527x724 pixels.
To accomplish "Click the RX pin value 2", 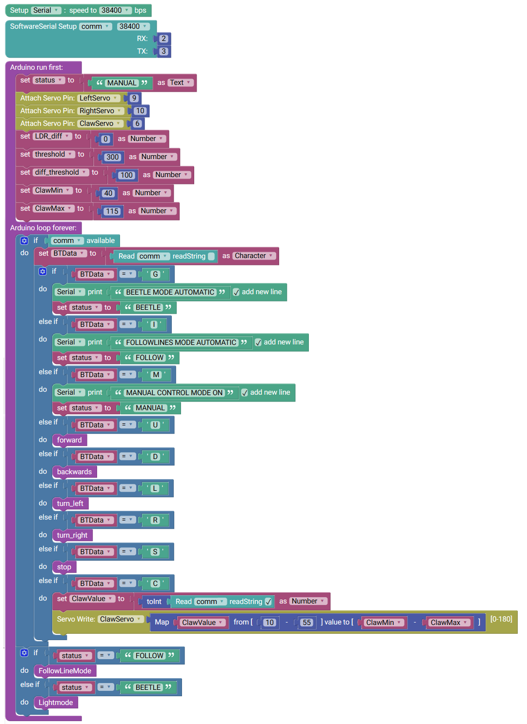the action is pos(163,39).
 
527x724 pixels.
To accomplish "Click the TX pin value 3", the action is pos(163,51).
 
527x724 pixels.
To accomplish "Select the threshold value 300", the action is pos(113,157).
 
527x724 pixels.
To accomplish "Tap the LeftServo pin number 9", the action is pos(134,98).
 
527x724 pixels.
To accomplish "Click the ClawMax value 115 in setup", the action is pos(112,211).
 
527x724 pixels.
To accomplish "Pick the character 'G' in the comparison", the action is pos(155,274).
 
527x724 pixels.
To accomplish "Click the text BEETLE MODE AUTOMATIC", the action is pos(170,292).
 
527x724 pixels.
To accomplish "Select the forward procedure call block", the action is pos(69,440).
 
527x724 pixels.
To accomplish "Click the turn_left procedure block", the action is pos(70,503).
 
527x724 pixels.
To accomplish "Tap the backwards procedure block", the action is pos(74,472).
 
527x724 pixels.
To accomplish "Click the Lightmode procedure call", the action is pos(56,703).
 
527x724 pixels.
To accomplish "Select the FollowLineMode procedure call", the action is pos(65,671).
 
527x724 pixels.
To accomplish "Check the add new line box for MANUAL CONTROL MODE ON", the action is pos(244,392).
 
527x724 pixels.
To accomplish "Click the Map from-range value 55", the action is pos(306,622).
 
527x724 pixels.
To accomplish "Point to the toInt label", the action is pos(154,602).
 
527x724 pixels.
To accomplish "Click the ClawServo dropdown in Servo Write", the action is pos(121,619).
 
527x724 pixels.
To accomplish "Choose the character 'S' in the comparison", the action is pos(155,552).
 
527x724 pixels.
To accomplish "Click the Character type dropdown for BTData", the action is pos(254,256).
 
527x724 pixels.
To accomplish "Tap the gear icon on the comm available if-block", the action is pos(24,241).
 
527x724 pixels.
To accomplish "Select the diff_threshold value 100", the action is pos(126,175).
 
